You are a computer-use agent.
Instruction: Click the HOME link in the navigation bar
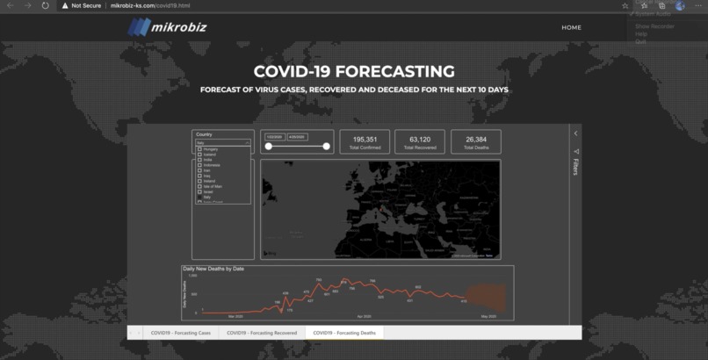tap(571, 27)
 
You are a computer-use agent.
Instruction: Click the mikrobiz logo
tap(166, 27)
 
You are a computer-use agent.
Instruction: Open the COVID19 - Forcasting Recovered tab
tap(262, 333)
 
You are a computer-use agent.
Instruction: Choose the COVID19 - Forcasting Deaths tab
tap(344, 333)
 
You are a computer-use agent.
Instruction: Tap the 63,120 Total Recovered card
tap(420, 142)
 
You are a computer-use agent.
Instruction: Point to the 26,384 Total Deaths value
tap(476, 139)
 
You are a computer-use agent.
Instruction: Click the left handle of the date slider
tap(268, 147)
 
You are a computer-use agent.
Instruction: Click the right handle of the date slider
tap(327, 147)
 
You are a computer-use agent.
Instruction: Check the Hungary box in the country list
tap(200, 149)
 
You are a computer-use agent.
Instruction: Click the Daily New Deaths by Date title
tap(213, 269)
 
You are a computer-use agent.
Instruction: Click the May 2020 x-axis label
tap(488, 316)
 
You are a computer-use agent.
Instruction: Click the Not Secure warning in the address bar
tap(85, 5)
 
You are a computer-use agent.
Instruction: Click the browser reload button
tap(44, 5)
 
